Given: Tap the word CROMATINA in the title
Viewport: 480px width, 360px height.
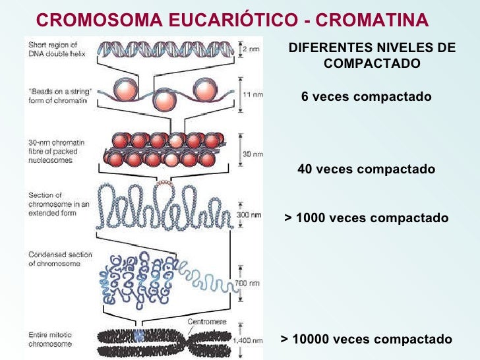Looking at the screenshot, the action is click(x=373, y=21).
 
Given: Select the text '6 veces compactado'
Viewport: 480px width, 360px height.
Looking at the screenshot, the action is click(x=366, y=97).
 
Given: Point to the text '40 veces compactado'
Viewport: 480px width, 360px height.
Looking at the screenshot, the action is click(x=366, y=169).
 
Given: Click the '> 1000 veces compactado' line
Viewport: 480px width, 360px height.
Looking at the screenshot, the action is click(x=366, y=218).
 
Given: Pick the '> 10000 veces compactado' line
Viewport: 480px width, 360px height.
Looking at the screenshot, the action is click(x=367, y=340).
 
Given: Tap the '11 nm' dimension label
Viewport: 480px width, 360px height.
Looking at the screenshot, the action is click(x=253, y=95).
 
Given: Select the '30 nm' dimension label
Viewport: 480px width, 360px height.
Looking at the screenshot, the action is click(x=253, y=154).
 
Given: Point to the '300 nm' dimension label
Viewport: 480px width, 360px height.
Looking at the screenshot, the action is click(x=251, y=216).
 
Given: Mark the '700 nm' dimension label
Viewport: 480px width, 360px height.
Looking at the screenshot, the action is click(x=251, y=284).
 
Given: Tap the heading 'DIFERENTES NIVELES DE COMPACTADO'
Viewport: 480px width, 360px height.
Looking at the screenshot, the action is click(x=372, y=56).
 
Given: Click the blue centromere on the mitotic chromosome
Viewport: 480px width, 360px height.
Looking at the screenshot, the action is click(x=138, y=336).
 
